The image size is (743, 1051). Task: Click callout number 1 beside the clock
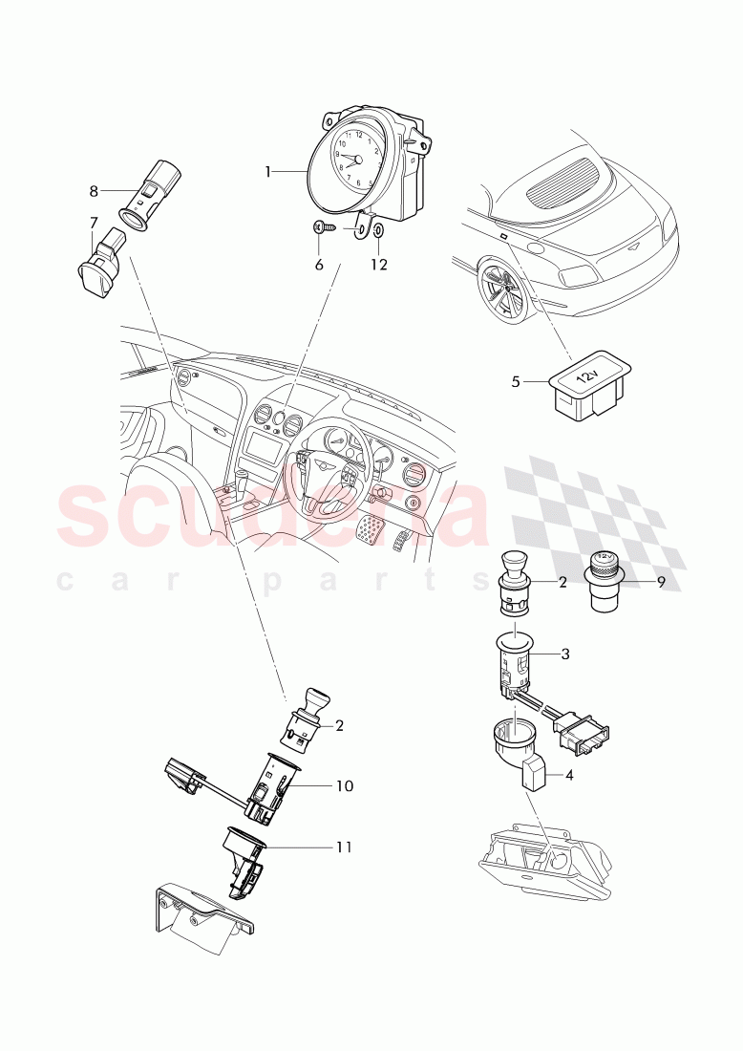[268, 172]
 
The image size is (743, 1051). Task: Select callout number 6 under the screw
[319, 265]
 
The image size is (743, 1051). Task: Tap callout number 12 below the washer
[379, 265]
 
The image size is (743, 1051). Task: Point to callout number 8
[94, 192]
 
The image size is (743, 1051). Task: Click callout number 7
[94, 222]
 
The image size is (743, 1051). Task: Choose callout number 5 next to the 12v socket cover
[515, 382]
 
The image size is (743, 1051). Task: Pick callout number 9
[661, 582]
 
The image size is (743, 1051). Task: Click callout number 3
[565, 654]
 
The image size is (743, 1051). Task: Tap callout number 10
[345, 785]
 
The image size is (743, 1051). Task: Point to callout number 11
[344, 847]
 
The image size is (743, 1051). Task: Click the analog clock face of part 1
[353, 161]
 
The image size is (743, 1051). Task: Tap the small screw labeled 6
[327, 228]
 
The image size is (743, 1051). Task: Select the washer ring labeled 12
[377, 230]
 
